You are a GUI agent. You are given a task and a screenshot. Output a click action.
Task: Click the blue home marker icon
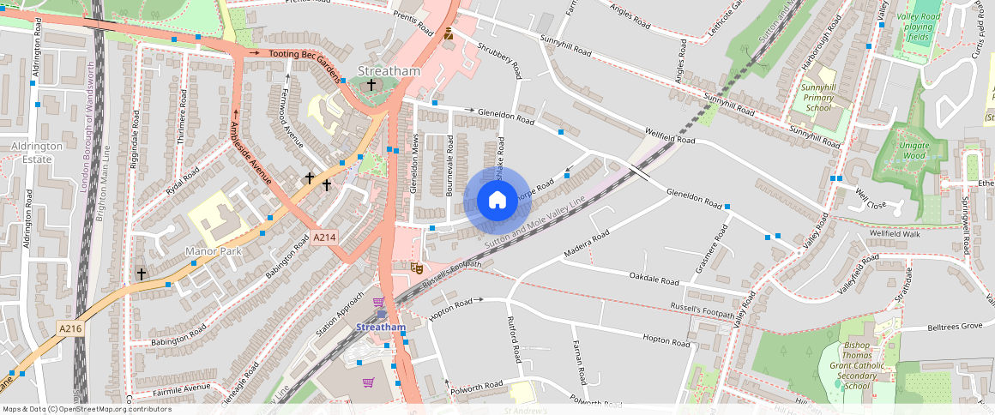point(497,201)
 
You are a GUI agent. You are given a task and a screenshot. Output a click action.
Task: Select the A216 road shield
point(70,328)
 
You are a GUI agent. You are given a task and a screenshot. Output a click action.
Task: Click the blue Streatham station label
point(381,328)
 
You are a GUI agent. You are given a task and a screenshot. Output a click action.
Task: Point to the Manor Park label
point(214,252)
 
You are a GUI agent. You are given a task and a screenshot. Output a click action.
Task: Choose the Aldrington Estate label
point(36,152)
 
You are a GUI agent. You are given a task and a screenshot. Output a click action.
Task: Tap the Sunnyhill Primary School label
point(817,98)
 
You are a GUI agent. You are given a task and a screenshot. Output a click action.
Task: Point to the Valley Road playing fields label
point(919,27)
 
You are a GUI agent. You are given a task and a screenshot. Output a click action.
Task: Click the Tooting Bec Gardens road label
point(305,54)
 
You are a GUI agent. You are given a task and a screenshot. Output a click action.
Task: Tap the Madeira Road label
point(587,244)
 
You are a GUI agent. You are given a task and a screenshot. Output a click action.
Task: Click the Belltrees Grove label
point(954,327)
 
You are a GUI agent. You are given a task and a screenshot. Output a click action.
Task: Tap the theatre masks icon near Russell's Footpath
point(418,268)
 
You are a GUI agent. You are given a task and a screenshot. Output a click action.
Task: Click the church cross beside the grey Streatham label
point(371,85)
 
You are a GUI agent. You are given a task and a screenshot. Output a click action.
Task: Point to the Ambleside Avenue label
point(250,153)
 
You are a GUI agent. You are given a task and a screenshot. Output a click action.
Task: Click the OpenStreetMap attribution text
point(87,409)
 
